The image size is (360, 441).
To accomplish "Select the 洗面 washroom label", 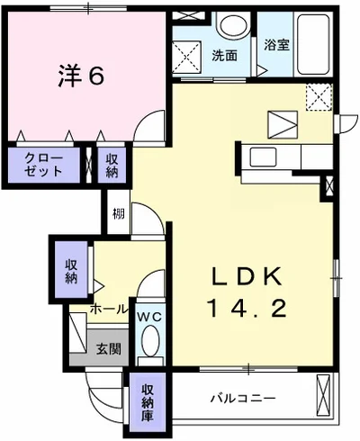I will [x=224, y=55].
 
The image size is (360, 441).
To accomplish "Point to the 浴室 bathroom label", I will [x=276, y=44].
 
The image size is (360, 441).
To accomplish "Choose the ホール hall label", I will [x=108, y=309].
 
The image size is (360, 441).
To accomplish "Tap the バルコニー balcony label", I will [x=243, y=397].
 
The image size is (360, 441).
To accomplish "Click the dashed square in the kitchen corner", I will [x=318, y=95].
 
